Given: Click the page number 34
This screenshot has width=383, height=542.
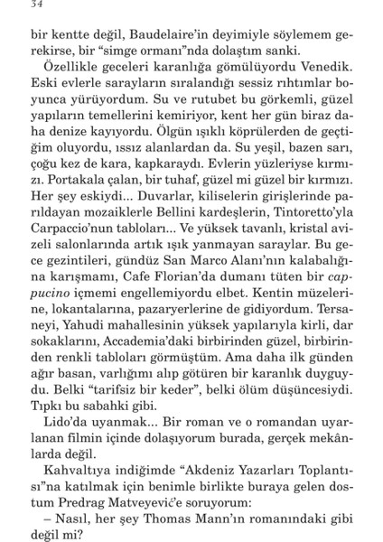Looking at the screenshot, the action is pyautogui.click(x=36, y=9).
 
